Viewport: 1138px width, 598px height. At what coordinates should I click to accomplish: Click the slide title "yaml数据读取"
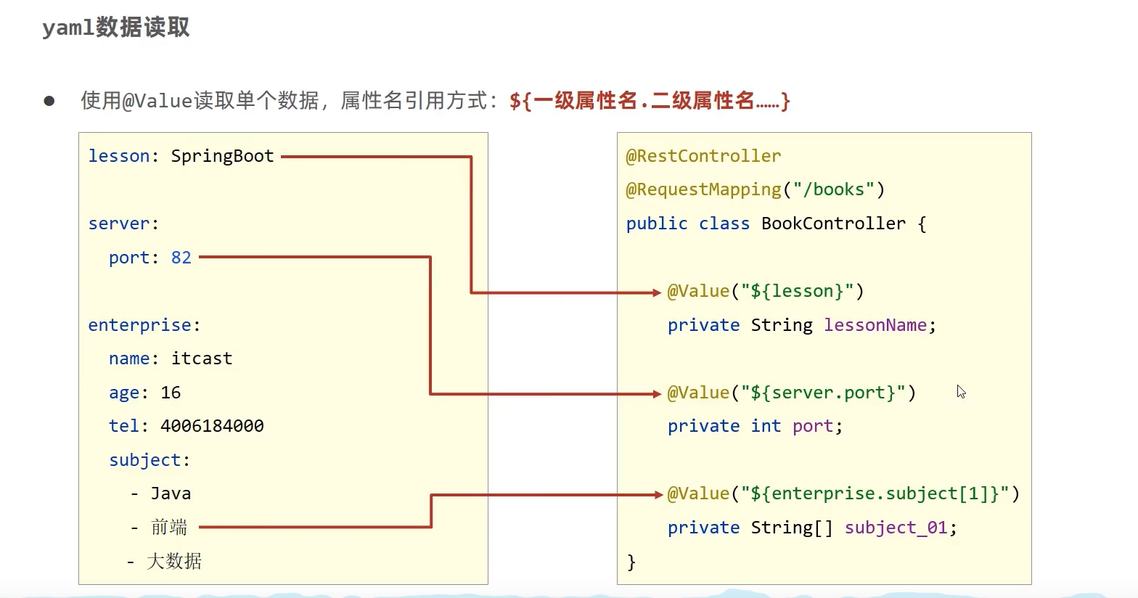(116, 28)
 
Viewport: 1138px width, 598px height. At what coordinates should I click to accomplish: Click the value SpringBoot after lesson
(222, 156)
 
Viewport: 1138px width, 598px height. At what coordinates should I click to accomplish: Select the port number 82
(181, 258)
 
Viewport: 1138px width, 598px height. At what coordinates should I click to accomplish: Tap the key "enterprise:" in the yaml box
(144, 325)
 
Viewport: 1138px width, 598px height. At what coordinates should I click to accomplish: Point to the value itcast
(202, 359)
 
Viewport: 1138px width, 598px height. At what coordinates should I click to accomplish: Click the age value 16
(171, 393)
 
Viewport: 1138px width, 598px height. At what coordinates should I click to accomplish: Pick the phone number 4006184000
(212, 426)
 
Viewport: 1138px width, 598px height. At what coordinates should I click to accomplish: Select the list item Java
(171, 493)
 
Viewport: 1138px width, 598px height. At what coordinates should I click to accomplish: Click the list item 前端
(169, 528)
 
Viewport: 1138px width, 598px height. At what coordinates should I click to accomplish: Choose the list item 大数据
(174, 561)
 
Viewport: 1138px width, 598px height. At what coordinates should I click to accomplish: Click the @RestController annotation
(703, 156)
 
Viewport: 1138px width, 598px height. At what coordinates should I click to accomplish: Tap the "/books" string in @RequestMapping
(833, 189)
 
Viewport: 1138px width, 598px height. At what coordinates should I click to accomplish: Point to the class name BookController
(833, 224)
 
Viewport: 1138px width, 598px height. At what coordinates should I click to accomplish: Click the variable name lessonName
(875, 325)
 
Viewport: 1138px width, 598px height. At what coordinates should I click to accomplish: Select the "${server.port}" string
(823, 393)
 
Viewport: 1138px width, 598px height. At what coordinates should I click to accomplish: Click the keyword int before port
(766, 426)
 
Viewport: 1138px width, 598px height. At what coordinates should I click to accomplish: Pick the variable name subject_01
(896, 528)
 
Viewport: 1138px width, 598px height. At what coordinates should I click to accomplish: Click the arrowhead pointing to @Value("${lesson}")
(657, 292)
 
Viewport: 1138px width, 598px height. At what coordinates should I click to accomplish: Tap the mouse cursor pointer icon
(961, 392)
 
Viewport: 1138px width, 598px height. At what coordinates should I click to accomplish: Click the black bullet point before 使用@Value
(49, 101)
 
